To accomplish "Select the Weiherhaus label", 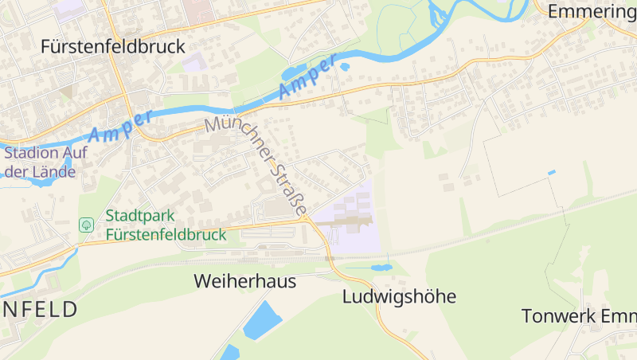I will coord(245,281).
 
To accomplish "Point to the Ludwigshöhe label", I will coord(399,297).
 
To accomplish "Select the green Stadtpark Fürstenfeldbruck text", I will coord(166,225).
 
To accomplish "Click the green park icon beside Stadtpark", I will coord(86,225).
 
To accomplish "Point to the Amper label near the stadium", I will coord(120,125).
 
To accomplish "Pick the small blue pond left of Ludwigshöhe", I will coord(381,267).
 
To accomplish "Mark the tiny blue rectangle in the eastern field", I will coord(551,172).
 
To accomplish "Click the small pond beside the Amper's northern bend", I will coord(344,66).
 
